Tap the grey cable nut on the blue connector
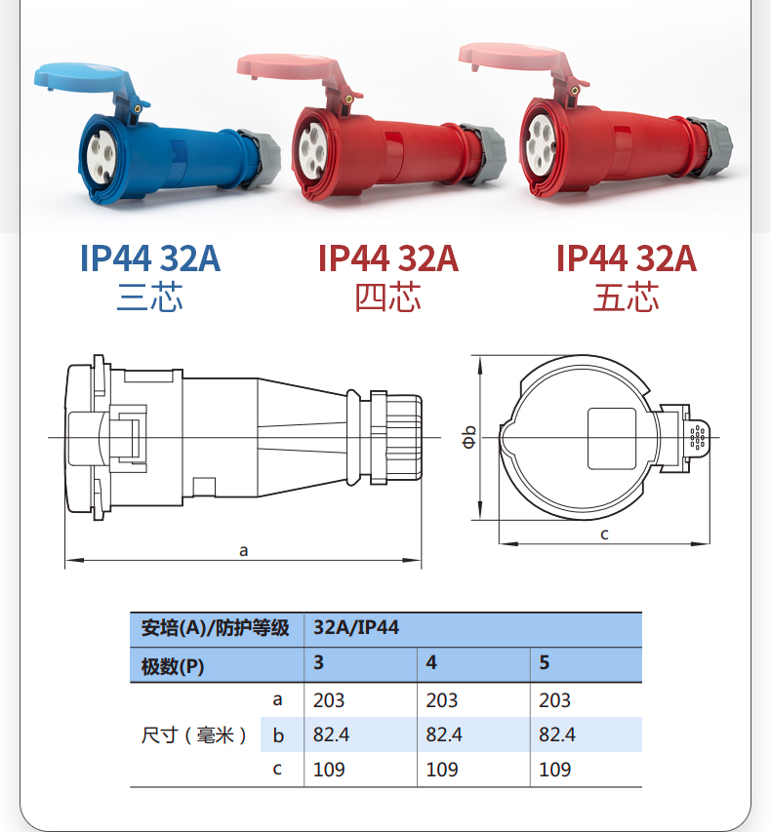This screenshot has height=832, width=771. pos(260,158)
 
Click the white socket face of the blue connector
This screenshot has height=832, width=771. pos(101,157)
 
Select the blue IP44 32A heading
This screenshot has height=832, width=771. pos(150,258)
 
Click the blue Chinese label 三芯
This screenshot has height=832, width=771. pos(150,297)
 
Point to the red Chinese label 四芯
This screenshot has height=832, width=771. pos(388,297)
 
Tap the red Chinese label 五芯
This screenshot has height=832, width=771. pos(626,297)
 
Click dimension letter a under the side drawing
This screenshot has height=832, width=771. pos(243,551)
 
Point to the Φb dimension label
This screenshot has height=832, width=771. pos(468,437)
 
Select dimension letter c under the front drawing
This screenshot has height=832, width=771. pos(604,535)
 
